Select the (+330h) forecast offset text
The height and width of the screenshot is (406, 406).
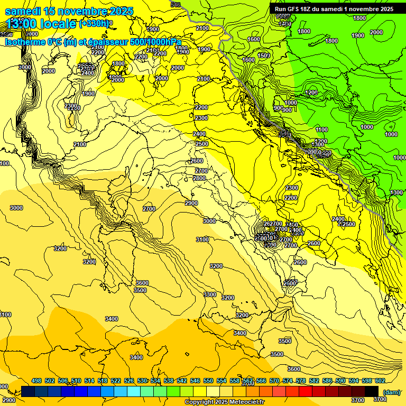(x=95, y=24)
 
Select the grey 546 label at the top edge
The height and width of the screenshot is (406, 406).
(x=176, y=5)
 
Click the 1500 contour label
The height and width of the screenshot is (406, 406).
(x=264, y=56)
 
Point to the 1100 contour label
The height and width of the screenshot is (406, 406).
(x=321, y=130)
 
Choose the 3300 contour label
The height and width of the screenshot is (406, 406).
(x=210, y=294)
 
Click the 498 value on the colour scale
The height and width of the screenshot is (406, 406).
(x=36, y=381)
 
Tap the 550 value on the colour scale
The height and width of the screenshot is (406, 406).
(x=208, y=381)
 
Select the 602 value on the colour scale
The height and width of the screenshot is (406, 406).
(x=380, y=381)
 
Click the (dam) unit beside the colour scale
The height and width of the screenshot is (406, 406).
(x=391, y=392)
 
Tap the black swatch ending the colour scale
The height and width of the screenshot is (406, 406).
(x=372, y=392)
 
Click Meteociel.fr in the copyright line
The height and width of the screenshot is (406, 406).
(x=246, y=402)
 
